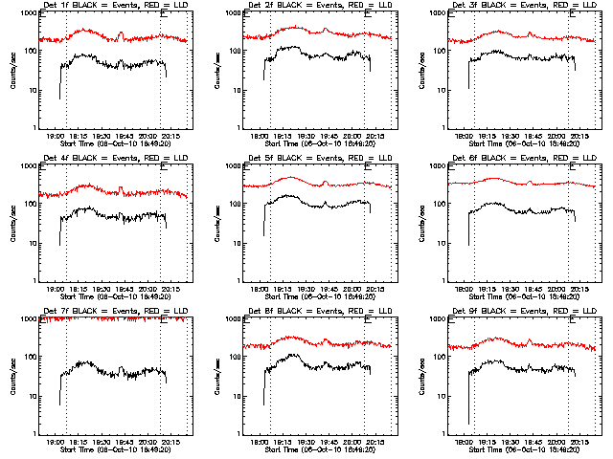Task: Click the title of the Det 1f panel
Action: click(x=110, y=7)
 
